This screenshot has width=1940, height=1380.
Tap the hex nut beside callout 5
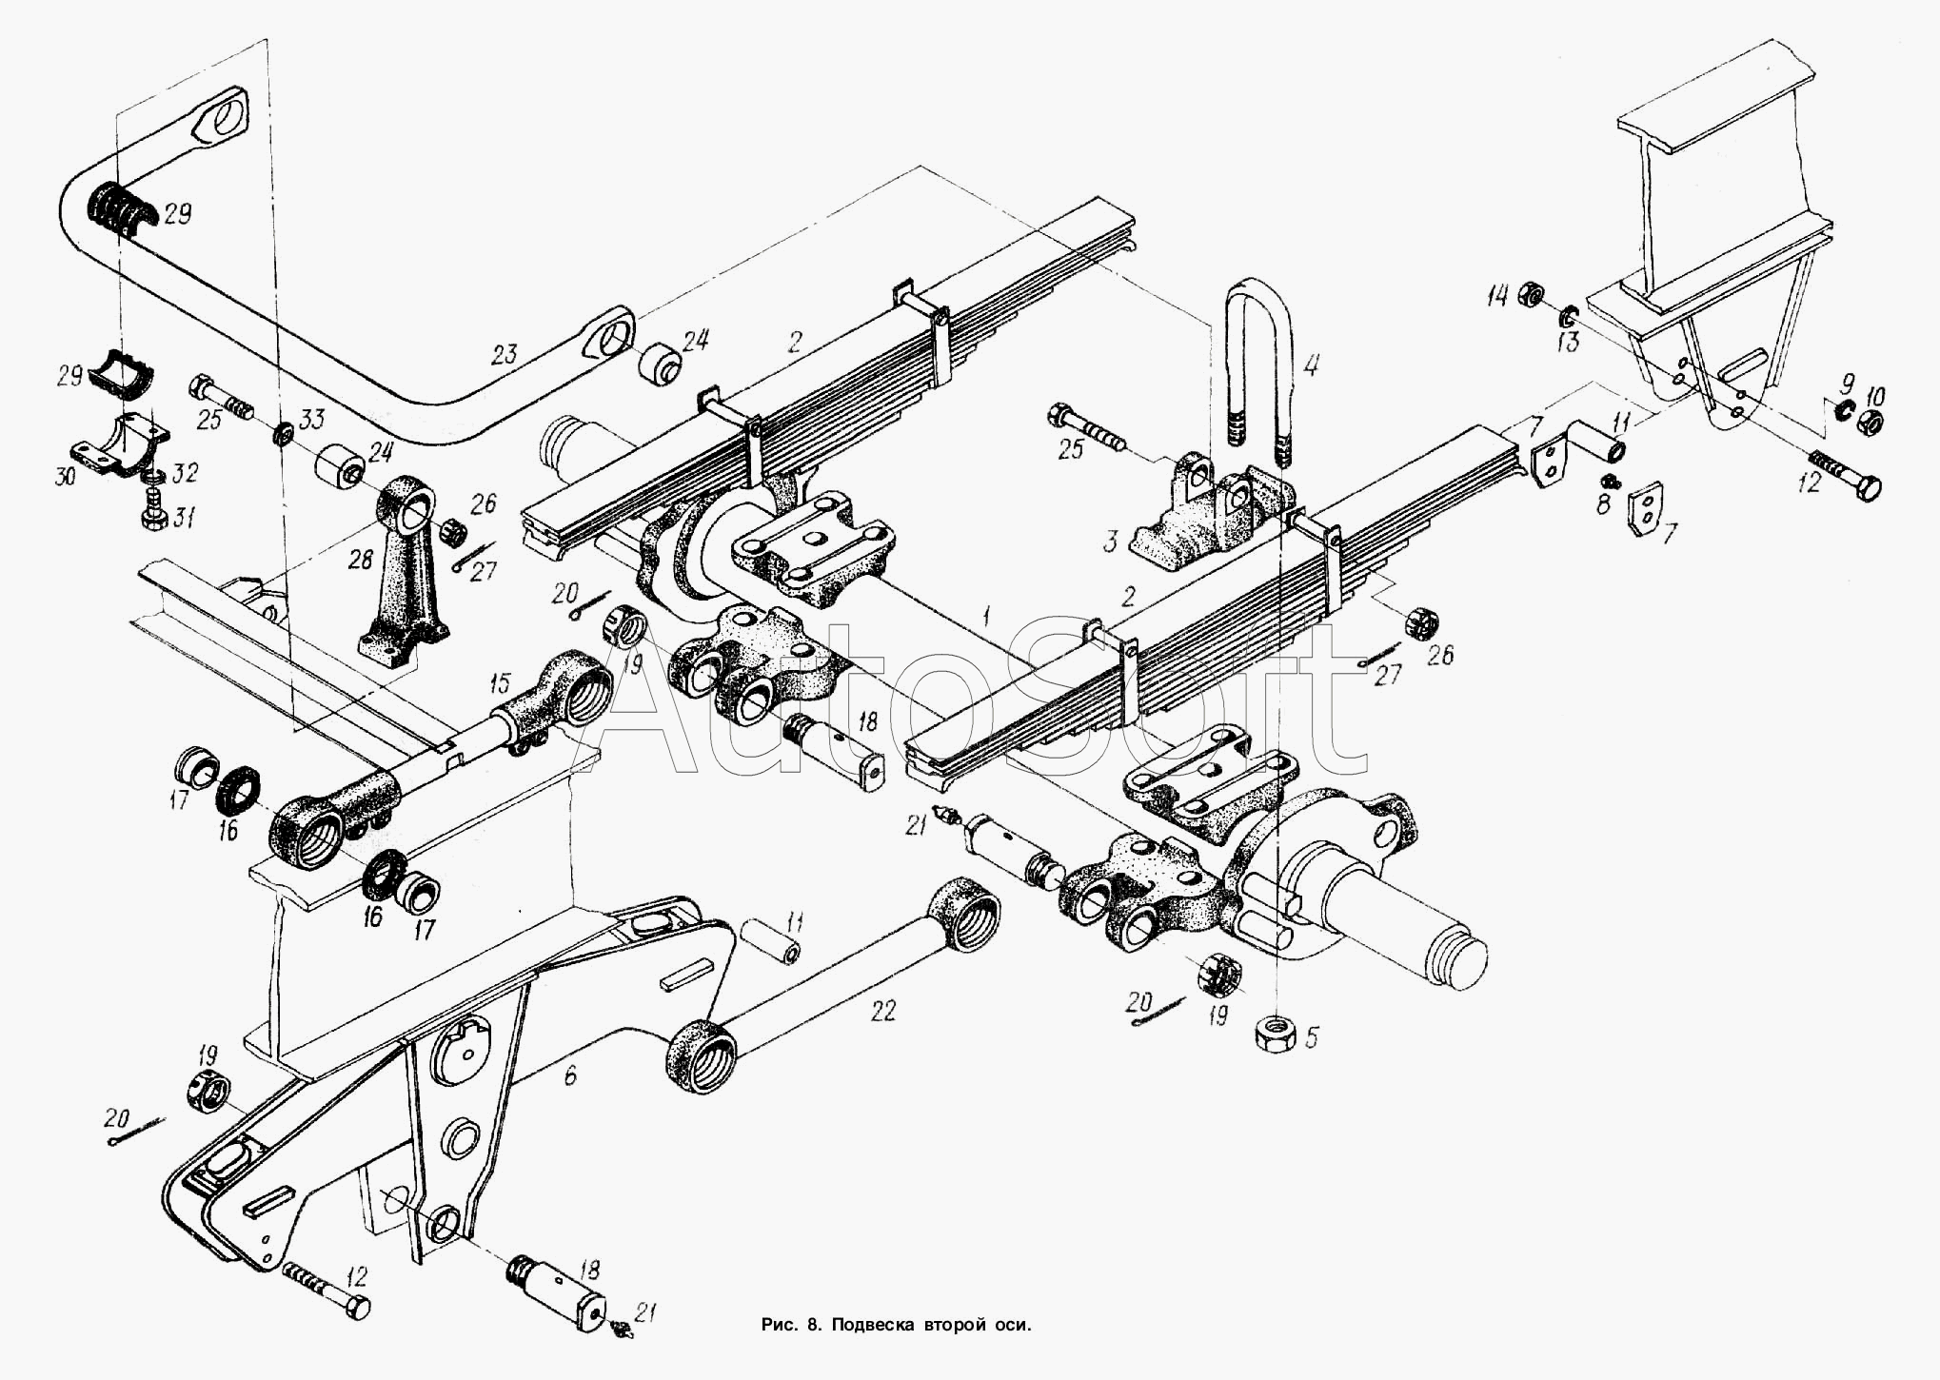coord(1274,1033)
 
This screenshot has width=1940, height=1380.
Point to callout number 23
coord(504,356)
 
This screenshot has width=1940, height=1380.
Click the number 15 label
coord(501,682)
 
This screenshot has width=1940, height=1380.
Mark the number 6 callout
coord(570,1075)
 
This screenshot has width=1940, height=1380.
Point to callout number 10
coord(1872,394)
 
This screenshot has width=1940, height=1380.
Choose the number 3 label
coord(1110,543)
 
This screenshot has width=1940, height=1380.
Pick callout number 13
coord(1567,342)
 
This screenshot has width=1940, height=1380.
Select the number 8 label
coord(1602,503)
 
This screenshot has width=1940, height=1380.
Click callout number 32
coord(187,472)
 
